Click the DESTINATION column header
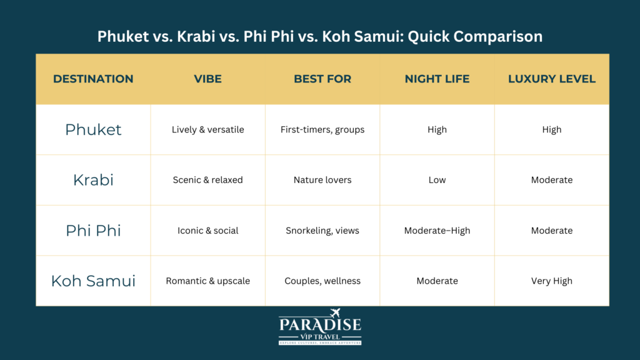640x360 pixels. tap(93, 79)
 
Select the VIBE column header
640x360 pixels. tap(207, 79)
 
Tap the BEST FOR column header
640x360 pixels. tap(322, 79)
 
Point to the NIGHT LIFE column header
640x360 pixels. tap(437, 79)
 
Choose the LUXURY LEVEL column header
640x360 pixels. tap(552, 79)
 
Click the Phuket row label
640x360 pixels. tap(94, 130)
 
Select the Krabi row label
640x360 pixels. tap(94, 180)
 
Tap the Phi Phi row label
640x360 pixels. tap(94, 231)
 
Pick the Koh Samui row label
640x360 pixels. tap(94, 281)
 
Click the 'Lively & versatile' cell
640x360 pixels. tap(207, 129)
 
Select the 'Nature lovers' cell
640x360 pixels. tap(322, 180)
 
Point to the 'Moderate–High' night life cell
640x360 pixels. tap(437, 231)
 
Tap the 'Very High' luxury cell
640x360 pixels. tap(552, 281)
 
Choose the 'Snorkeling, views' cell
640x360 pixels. tap(322, 231)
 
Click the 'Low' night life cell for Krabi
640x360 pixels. tap(437, 180)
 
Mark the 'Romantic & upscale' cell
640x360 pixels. tap(207, 281)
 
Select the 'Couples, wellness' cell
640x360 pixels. tap(322, 281)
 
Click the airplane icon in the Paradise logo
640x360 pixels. tap(335, 313)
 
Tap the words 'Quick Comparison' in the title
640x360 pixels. tap(475, 36)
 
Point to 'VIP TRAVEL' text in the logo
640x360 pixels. tap(320, 337)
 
